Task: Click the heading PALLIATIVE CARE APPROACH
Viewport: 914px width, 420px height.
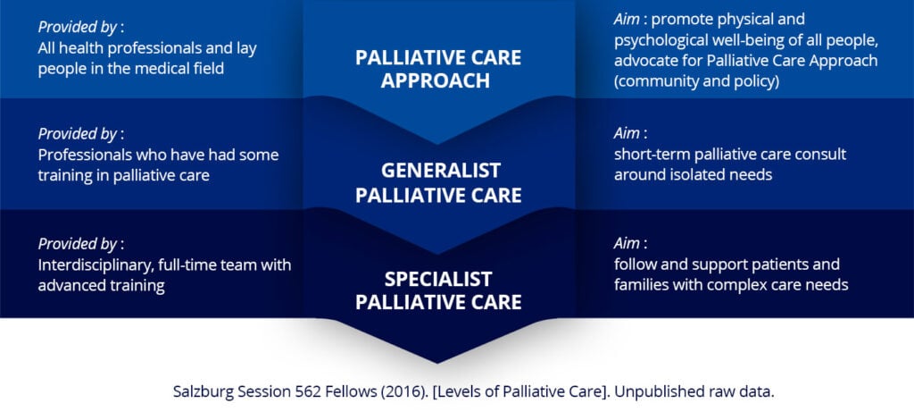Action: point(438,69)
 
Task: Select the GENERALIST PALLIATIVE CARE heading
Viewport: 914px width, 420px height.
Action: point(438,182)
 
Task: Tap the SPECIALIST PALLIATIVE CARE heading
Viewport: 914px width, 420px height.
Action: point(438,290)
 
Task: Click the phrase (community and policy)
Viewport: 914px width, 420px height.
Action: point(696,81)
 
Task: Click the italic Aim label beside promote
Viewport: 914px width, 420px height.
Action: point(627,20)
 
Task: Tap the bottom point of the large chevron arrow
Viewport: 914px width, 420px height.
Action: point(438,362)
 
